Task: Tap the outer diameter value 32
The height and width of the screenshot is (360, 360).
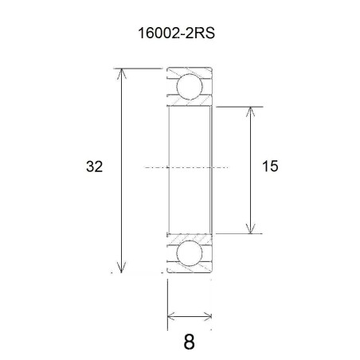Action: pyautogui.click(x=95, y=166)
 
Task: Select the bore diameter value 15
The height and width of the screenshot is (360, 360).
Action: pyautogui.click(x=269, y=166)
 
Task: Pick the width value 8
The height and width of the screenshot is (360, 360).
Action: pyautogui.click(x=189, y=342)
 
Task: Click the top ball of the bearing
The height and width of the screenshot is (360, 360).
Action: pyautogui.click(x=190, y=86)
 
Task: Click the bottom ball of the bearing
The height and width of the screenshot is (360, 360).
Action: pyautogui.click(x=190, y=254)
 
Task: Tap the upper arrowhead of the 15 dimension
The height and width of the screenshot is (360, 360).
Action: pyautogui.click(x=252, y=112)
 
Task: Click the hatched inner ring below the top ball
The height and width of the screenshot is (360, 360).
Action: pyautogui.click(x=190, y=103)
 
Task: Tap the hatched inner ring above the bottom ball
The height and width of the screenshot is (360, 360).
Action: pyautogui.click(x=190, y=237)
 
